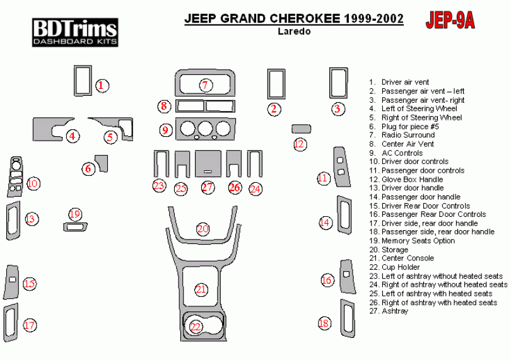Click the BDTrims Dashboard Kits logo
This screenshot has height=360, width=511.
click(75, 32)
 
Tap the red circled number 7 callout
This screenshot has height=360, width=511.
click(204, 85)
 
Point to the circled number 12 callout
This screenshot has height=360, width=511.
click(300, 144)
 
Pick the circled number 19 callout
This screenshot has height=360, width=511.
click(75, 214)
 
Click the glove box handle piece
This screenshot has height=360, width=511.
click(301, 129)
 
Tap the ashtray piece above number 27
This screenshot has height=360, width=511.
click(208, 163)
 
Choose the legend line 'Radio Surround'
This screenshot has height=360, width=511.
click(408, 135)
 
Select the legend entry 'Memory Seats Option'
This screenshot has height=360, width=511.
click(417, 241)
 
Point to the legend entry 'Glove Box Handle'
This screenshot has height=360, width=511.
click(411, 179)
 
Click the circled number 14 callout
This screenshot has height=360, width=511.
click(325, 222)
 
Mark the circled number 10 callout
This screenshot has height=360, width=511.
click(33, 183)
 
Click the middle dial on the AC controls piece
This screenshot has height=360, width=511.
click(204, 130)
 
